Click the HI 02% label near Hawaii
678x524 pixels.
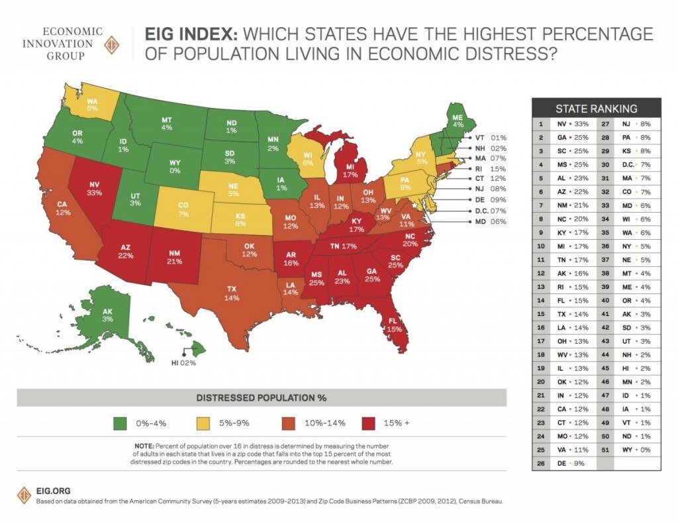[183, 363]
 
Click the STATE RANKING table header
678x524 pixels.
[596, 109]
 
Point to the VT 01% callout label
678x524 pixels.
[489, 138]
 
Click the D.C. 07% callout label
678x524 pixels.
[489, 210]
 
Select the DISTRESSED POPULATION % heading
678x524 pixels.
[261, 398]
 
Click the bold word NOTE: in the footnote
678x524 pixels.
[144, 446]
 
